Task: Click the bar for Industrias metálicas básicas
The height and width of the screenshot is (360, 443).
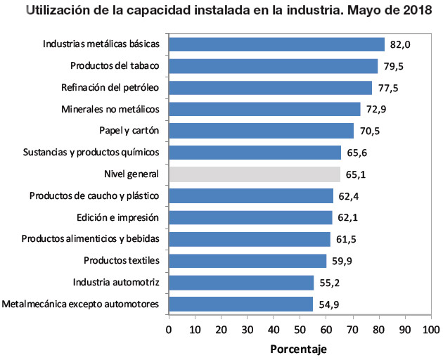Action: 276,44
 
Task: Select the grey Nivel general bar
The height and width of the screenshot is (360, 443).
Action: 255,174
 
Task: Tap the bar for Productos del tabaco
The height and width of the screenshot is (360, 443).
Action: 273,66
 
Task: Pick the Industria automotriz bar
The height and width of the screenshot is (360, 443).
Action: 241,283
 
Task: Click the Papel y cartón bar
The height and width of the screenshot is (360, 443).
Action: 261,131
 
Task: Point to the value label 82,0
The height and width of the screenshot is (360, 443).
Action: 400,45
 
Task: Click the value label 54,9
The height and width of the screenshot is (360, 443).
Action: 329,304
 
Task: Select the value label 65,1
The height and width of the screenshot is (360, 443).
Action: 356,174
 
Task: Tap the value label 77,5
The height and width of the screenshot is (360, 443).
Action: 388,88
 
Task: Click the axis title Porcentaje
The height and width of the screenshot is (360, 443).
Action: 298,349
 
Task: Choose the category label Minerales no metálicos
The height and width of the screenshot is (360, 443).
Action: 111,110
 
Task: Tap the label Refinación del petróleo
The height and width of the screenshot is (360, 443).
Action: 110,88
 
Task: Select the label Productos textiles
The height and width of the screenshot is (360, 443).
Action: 122,261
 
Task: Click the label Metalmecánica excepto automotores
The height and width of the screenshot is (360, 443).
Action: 81,304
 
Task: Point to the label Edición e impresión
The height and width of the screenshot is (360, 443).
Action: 117,217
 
